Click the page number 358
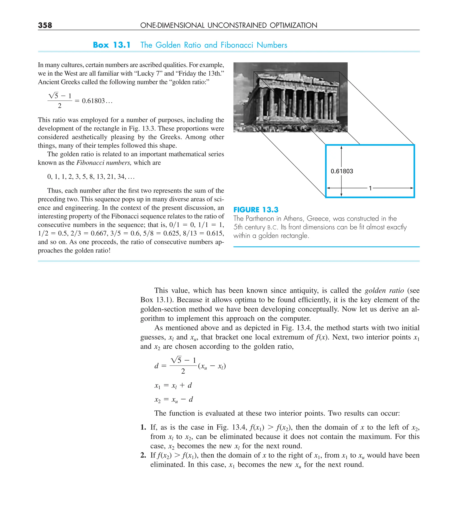[45, 25]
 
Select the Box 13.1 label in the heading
[112, 45]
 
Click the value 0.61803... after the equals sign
[97, 101]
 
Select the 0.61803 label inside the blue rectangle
[342, 171]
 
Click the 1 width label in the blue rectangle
[370, 188]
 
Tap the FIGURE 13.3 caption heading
[256, 210]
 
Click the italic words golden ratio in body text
[384, 291]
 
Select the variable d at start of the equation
[157, 366]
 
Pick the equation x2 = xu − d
[174, 399]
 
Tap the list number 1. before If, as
[143, 427]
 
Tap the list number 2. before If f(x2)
[143, 455]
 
